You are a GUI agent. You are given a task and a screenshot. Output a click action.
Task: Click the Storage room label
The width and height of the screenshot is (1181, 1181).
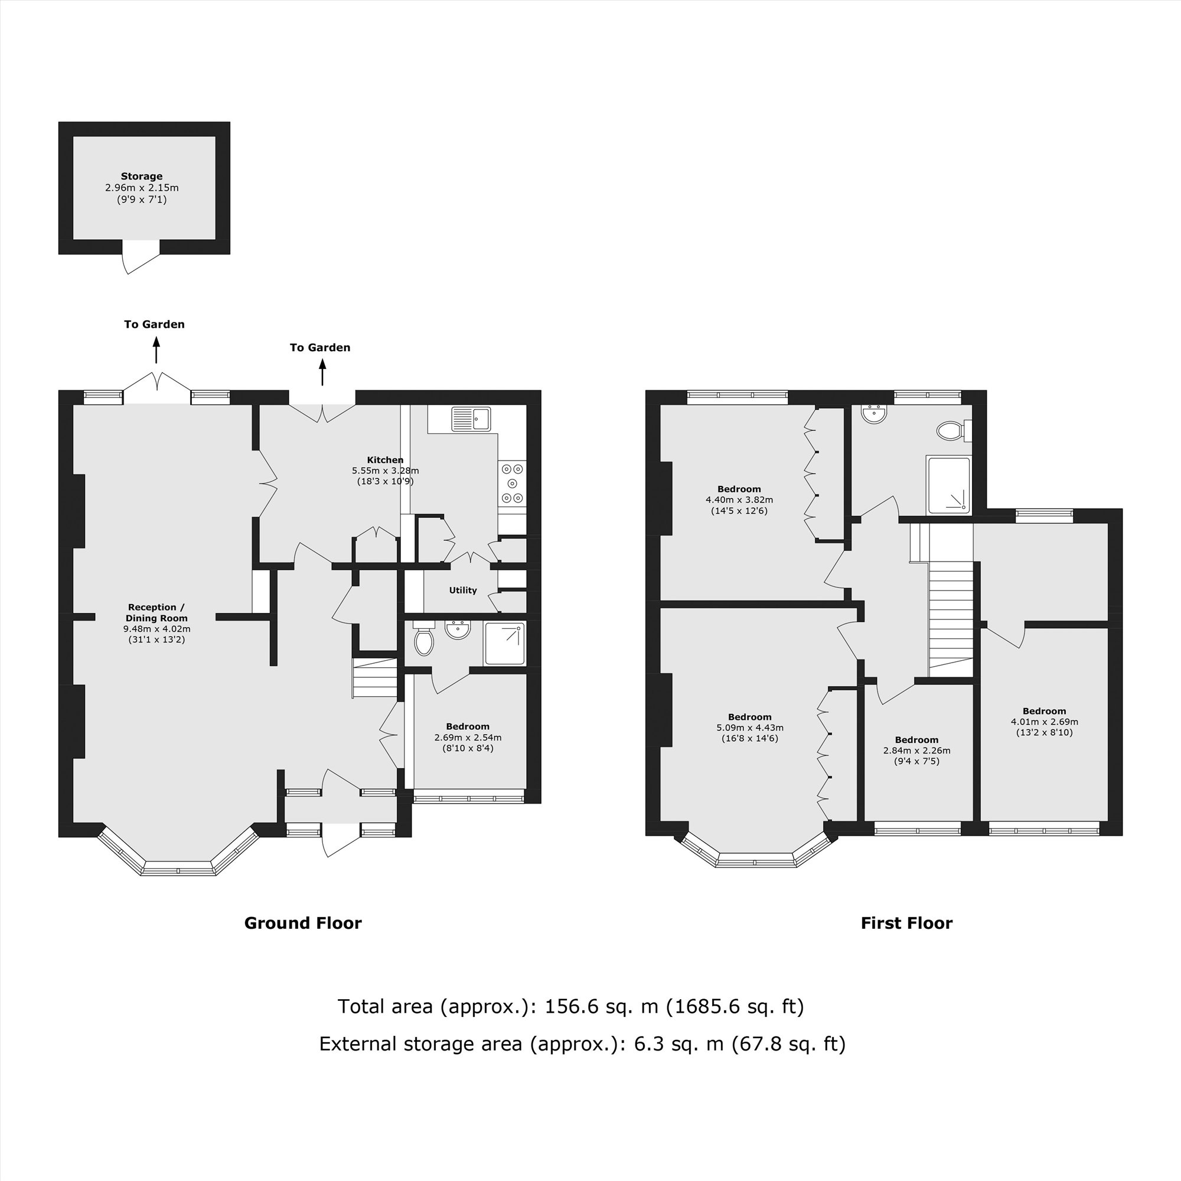141,176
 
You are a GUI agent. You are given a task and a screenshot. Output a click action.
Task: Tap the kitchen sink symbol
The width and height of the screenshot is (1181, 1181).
471,419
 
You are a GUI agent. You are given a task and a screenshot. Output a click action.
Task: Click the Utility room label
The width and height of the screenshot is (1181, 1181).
463,590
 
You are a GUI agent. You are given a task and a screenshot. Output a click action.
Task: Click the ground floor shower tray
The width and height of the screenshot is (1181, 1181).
504,643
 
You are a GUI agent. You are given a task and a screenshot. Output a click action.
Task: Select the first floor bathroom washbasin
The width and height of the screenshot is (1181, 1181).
874,414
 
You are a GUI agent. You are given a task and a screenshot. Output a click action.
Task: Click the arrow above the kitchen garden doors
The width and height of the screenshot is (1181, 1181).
322,372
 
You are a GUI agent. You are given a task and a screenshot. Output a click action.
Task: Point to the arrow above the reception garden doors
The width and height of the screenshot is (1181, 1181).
156,352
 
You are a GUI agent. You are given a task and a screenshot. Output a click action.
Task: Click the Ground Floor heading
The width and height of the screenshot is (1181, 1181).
302,923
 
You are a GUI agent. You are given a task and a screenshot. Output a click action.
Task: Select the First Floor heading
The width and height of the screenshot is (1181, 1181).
906,923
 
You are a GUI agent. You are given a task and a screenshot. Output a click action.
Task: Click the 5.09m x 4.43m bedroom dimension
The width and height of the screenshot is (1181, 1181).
749,727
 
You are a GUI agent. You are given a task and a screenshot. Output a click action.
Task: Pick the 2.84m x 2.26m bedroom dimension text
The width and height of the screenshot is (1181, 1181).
916,751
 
